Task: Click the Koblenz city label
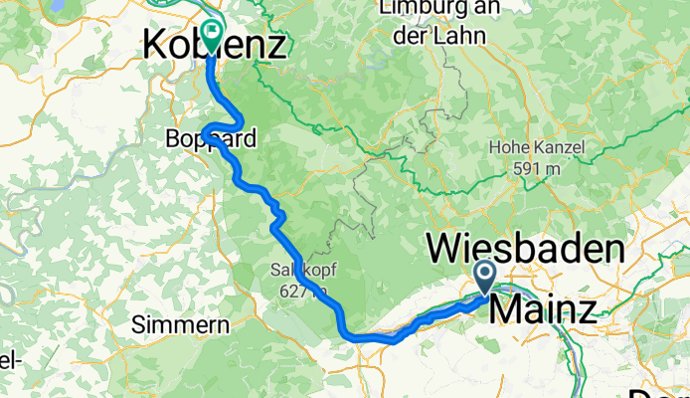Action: pyautogui.click(x=215, y=45)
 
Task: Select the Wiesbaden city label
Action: pyautogui.click(x=525, y=246)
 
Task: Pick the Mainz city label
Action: pyautogui.click(x=544, y=308)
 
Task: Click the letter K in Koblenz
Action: pyautogui.click(x=158, y=45)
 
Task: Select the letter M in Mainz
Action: pyautogui.click(x=507, y=308)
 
